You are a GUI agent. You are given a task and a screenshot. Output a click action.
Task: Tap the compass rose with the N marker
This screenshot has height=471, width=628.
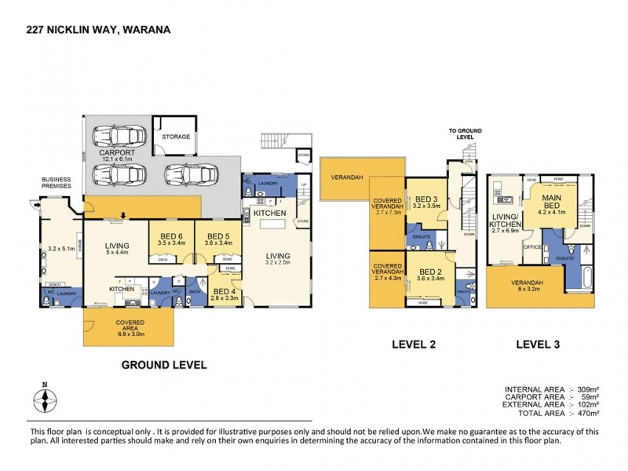click(46, 401)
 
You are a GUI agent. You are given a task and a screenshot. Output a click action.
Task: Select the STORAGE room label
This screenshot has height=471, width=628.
click(176, 137)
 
